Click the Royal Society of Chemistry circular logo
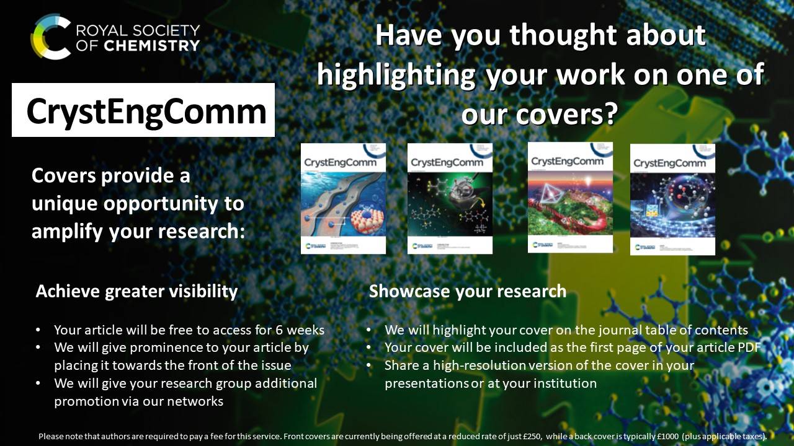51,37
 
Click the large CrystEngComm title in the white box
146,111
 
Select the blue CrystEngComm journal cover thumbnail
343,198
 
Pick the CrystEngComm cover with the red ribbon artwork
570,197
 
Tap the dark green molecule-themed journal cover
450,198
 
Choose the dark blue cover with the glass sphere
672,199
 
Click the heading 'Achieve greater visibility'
136,291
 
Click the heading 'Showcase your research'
468,291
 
